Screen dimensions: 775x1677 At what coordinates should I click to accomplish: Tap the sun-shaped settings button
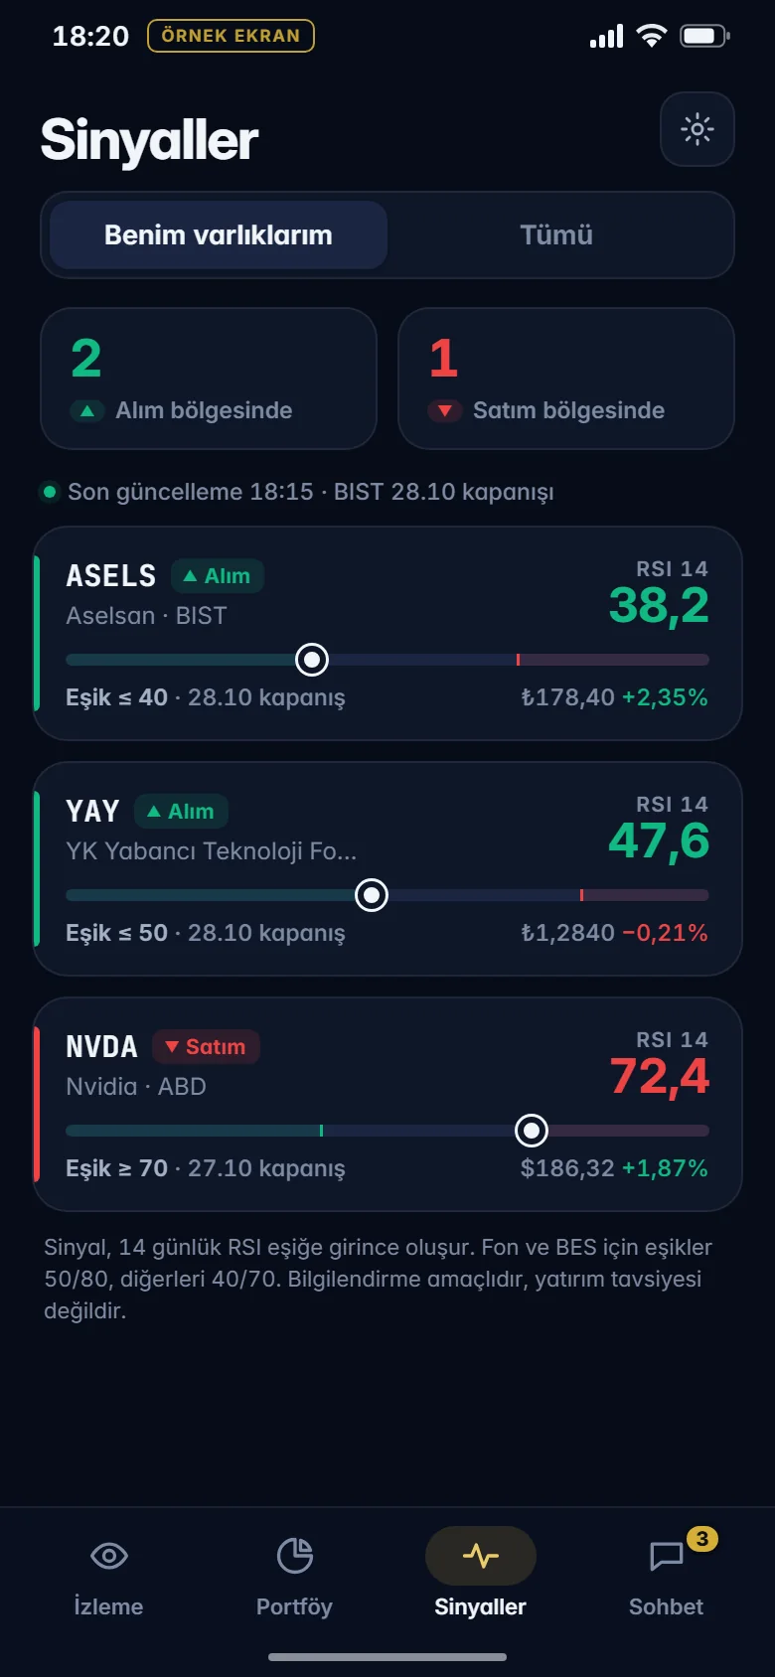pos(697,129)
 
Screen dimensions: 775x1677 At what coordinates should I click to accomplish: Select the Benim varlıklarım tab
pos(218,235)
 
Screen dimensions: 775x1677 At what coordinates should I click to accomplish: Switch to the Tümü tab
pos(556,235)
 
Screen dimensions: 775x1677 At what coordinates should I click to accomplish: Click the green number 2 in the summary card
pos(86,358)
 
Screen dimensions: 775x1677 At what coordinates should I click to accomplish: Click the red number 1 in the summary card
pos(443,358)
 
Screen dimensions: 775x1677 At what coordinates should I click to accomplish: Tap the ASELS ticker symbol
pos(111,575)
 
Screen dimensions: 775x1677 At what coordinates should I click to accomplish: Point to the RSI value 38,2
pos(659,606)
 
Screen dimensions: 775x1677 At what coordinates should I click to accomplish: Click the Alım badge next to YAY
pos(181,812)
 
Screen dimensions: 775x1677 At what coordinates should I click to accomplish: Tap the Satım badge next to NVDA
pos(206,1046)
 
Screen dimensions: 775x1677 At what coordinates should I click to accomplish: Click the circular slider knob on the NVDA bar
pos(532,1131)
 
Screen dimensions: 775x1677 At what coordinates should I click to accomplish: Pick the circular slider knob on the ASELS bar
pos(312,660)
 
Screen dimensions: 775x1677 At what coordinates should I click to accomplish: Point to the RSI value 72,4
pos(659,1077)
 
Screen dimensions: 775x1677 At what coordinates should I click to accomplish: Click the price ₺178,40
pos(567,697)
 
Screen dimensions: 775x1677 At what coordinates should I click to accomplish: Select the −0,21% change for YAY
pos(665,933)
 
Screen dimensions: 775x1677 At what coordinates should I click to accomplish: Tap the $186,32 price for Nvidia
pos(567,1168)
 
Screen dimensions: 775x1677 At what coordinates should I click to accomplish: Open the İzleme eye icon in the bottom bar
pos(109,1556)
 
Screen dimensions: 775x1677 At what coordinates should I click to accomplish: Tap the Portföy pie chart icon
pos(295,1556)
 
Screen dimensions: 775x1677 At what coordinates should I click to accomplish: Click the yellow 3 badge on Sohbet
pos(702,1539)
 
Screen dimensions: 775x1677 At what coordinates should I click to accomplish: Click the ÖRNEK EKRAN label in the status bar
pos(231,36)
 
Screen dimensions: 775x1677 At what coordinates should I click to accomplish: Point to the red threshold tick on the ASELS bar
pos(518,660)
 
